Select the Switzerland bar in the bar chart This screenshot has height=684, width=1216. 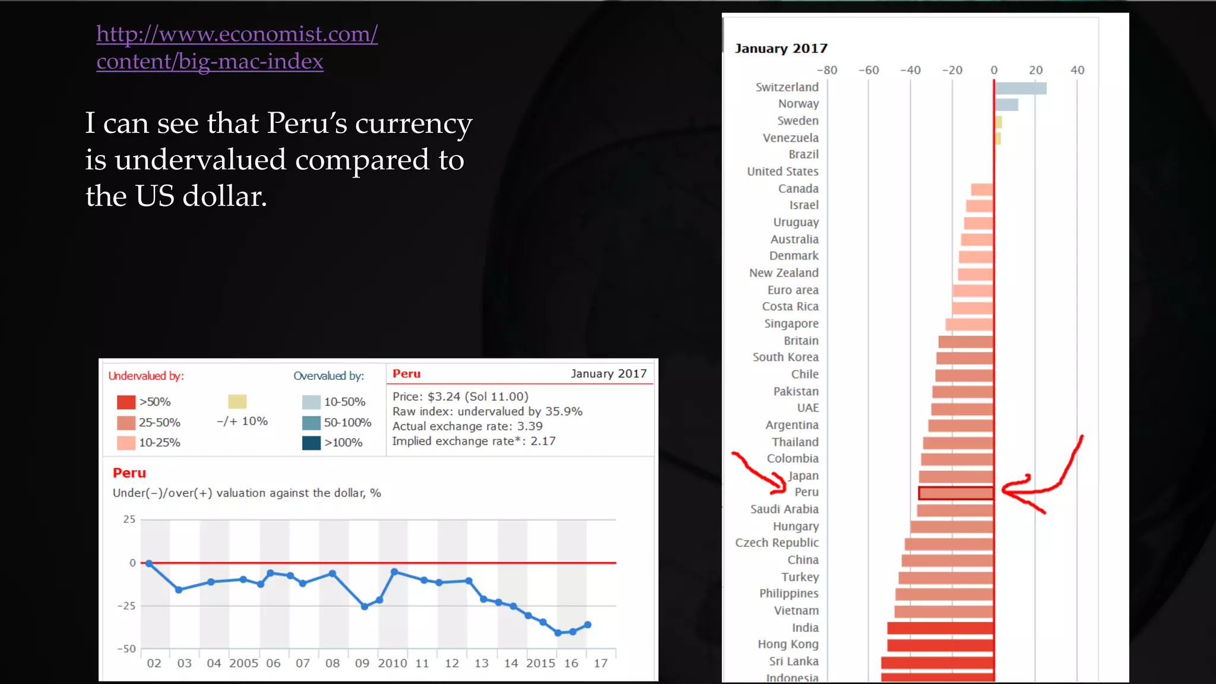pos(1020,88)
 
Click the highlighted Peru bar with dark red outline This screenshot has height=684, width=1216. pos(955,493)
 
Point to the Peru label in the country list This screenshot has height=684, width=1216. pos(806,492)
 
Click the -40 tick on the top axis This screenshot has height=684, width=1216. pos(910,70)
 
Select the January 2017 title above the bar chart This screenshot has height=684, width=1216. pos(780,49)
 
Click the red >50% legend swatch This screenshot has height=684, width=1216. pos(126,402)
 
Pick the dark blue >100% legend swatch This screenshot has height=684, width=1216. pos(311,443)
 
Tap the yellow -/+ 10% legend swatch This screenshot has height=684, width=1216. pos(237,401)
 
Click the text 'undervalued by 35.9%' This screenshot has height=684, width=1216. pos(520,411)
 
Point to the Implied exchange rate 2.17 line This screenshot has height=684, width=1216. pos(473,441)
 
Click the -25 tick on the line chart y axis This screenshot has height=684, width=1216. pos(126,606)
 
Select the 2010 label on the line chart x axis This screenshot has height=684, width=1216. pos(392,663)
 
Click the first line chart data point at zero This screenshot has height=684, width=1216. pos(149,563)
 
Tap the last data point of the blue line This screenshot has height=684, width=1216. pos(587,625)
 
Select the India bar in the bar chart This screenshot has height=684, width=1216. pos(940,628)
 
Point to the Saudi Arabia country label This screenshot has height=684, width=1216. pos(784,509)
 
